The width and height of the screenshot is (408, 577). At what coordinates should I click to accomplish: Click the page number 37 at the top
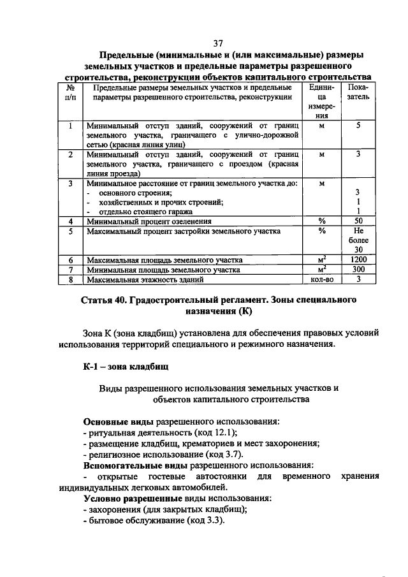[x=218, y=43]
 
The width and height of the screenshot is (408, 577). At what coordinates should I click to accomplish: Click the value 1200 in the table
[x=358, y=260]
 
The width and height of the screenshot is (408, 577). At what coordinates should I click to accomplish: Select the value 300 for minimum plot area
[x=358, y=270]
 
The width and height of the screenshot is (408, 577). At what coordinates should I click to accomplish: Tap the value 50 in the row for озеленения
[x=358, y=221]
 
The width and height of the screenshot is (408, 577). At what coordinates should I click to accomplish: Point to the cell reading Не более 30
[x=358, y=240]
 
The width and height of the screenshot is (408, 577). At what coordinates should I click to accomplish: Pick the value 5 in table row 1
[x=358, y=126]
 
